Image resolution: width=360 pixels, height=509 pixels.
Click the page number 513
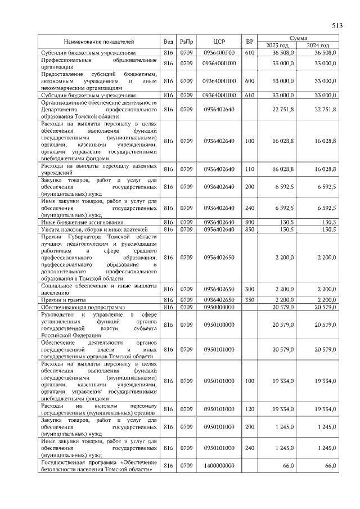click(336, 25)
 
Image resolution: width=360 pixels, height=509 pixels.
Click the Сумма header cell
click(298, 38)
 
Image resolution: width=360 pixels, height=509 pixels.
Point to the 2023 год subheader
click(277, 45)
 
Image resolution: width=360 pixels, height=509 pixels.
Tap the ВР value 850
click(250, 229)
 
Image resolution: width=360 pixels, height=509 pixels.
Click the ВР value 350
click(250, 299)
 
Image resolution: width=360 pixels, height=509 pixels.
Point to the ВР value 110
click(250, 169)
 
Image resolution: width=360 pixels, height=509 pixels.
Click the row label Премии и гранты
click(62, 299)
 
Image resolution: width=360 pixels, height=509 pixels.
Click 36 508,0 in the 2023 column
click(283, 52)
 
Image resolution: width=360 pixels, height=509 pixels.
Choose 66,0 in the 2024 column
click(330, 466)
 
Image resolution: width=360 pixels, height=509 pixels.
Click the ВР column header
click(250, 42)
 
